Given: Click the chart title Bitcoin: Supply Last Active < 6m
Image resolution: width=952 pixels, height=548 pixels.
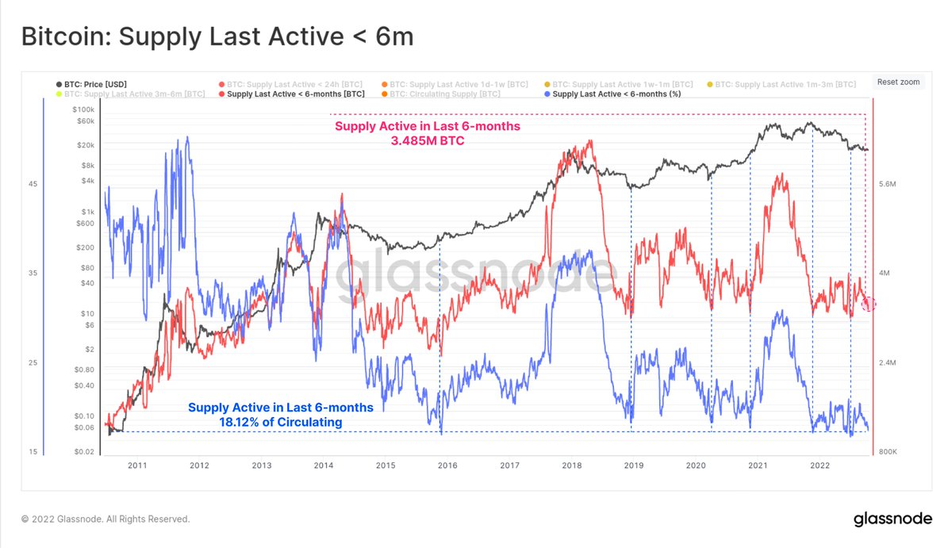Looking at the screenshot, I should tap(217, 36).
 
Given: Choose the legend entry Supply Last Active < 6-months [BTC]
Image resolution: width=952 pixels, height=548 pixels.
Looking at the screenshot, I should tap(296, 94).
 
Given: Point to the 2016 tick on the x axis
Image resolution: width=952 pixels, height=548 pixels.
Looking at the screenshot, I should tap(447, 466).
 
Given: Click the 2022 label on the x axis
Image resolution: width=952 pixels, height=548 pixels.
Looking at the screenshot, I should tap(820, 466).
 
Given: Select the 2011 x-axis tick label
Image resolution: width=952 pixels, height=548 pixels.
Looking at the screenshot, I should tap(137, 466).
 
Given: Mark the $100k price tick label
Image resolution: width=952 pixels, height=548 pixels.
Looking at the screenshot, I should tap(83, 109).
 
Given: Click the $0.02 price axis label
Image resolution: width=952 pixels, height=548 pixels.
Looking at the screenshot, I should tap(84, 452).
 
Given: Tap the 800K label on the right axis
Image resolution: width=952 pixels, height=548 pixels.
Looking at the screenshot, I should tap(886, 452).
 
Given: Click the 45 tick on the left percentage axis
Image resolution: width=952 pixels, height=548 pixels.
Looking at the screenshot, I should tap(33, 184).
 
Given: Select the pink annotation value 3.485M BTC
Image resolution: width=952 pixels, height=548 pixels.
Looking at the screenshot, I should tap(428, 141).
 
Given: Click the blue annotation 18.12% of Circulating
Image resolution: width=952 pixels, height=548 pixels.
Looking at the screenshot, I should tap(280, 422).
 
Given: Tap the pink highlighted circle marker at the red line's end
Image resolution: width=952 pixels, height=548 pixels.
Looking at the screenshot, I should tap(869, 304).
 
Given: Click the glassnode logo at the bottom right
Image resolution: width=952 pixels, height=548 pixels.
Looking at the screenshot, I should tap(892, 519).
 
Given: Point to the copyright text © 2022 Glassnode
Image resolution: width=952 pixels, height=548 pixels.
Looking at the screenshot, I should tap(106, 519).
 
